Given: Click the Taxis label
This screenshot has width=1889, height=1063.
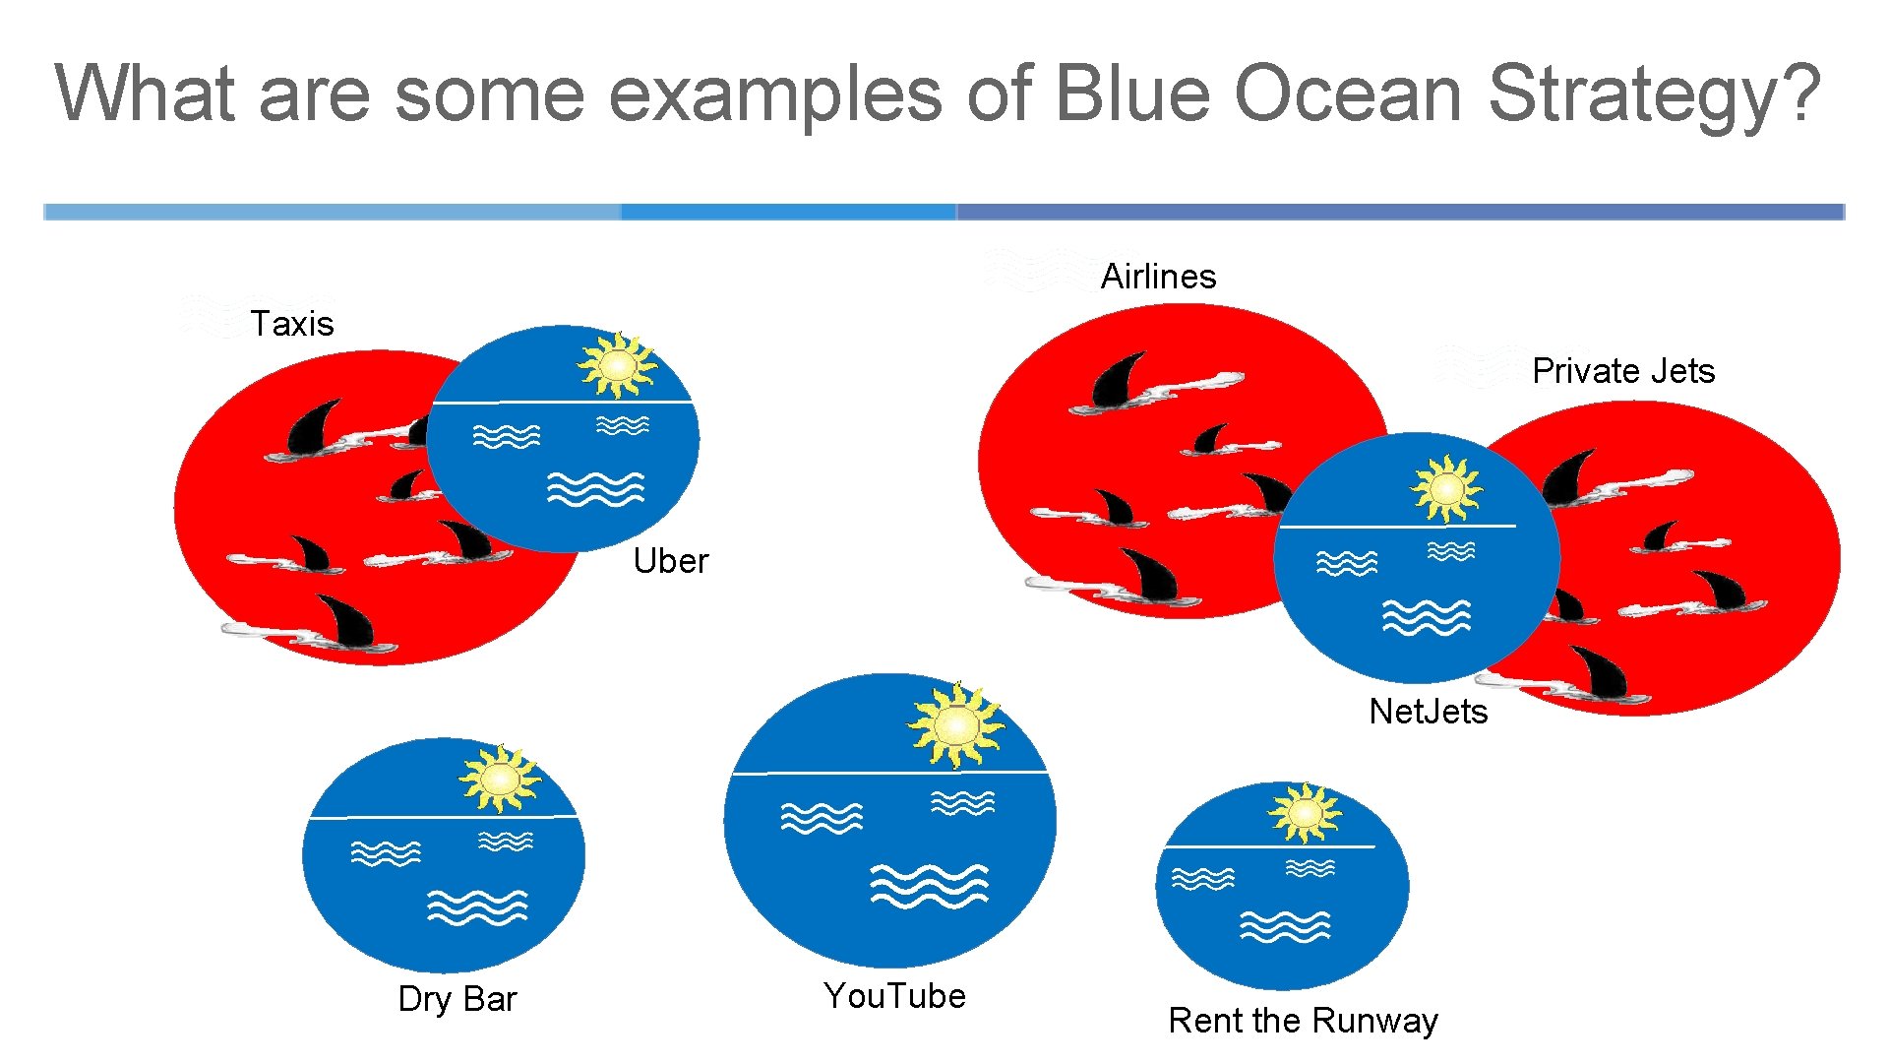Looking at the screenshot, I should [x=291, y=324].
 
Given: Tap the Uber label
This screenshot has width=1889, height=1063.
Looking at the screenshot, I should [x=670, y=561].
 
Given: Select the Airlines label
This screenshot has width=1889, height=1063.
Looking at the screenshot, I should [x=1158, y=277].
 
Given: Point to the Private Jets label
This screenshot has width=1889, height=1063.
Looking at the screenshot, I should [x=1623, y=371].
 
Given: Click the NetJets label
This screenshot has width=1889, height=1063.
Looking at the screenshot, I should [x=1428, y=712].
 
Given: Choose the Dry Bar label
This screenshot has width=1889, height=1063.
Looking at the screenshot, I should [x=457, y=999].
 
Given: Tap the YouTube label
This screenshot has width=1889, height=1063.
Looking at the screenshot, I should [x=894, y=996].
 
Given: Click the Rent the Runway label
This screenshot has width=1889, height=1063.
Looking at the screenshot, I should [x=1303, y=1021].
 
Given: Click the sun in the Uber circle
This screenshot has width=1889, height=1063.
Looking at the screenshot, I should [x=617, y=365].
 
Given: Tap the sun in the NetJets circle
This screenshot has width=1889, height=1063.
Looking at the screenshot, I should [x=1446, y=488].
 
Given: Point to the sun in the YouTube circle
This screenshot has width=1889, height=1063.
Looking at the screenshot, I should [x=955, y=726].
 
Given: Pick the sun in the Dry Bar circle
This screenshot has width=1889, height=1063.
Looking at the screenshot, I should [x=500, y=779].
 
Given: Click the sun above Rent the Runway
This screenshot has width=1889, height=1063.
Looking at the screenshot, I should [x=1305, y=813].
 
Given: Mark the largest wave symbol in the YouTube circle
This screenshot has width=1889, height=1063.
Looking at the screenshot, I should [x=929, y=886].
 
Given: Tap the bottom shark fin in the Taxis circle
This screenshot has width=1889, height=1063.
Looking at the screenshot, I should [x=349, y=623].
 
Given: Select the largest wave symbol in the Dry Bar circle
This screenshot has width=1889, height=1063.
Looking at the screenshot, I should [x=477, y=907].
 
